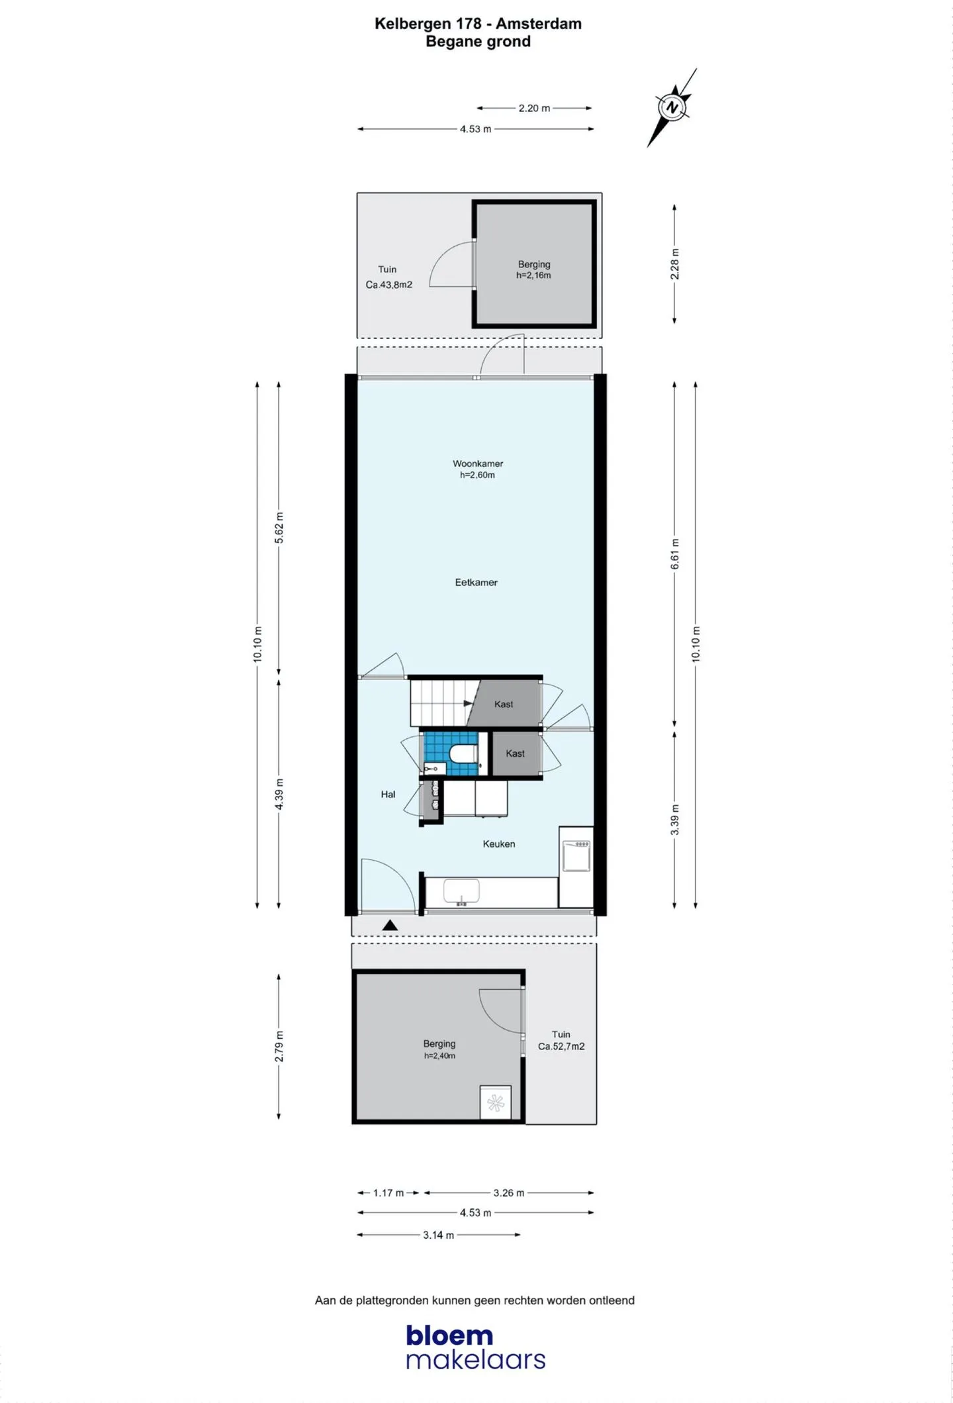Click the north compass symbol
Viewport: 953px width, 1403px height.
click(672, 107)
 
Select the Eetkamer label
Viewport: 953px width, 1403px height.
click(476, 583)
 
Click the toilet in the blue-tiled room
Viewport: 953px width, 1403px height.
click(462, 753)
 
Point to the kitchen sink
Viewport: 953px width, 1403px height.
click(461, 892)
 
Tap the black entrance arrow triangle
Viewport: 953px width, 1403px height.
click(390, 926)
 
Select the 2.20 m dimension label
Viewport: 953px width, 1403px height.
click(534, 108)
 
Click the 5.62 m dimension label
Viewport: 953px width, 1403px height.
click(279, 528)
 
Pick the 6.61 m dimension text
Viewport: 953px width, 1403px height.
click(675, 554)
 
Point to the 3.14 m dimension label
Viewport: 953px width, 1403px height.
click(439, 1235)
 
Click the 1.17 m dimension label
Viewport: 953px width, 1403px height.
click(388, 1192)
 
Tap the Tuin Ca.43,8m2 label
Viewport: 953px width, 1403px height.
click(388, 277)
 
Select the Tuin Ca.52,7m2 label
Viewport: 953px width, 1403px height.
click(561, 1040)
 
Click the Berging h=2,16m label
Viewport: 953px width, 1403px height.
click(534, 270)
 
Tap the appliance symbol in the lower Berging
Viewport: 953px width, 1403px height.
click(495, 1102)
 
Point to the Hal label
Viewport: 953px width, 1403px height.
click(388, 795)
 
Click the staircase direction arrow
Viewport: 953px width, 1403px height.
click(469, 703)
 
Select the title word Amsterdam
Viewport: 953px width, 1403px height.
click(539, 24)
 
